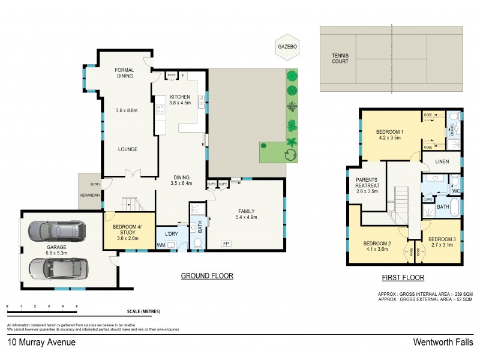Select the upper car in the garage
click(57, 230)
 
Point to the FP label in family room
click(226, 243)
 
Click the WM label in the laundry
click(161, 245)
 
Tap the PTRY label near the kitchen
click(172, 76)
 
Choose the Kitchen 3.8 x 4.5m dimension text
click(179, 103)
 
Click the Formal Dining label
click(124, 73)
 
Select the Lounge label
click(127, 149)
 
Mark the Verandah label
click(91, 195)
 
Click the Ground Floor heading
click(207, 276)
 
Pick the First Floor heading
click(403, 278)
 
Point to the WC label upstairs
click(455, 191)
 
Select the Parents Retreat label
click(366, 186)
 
